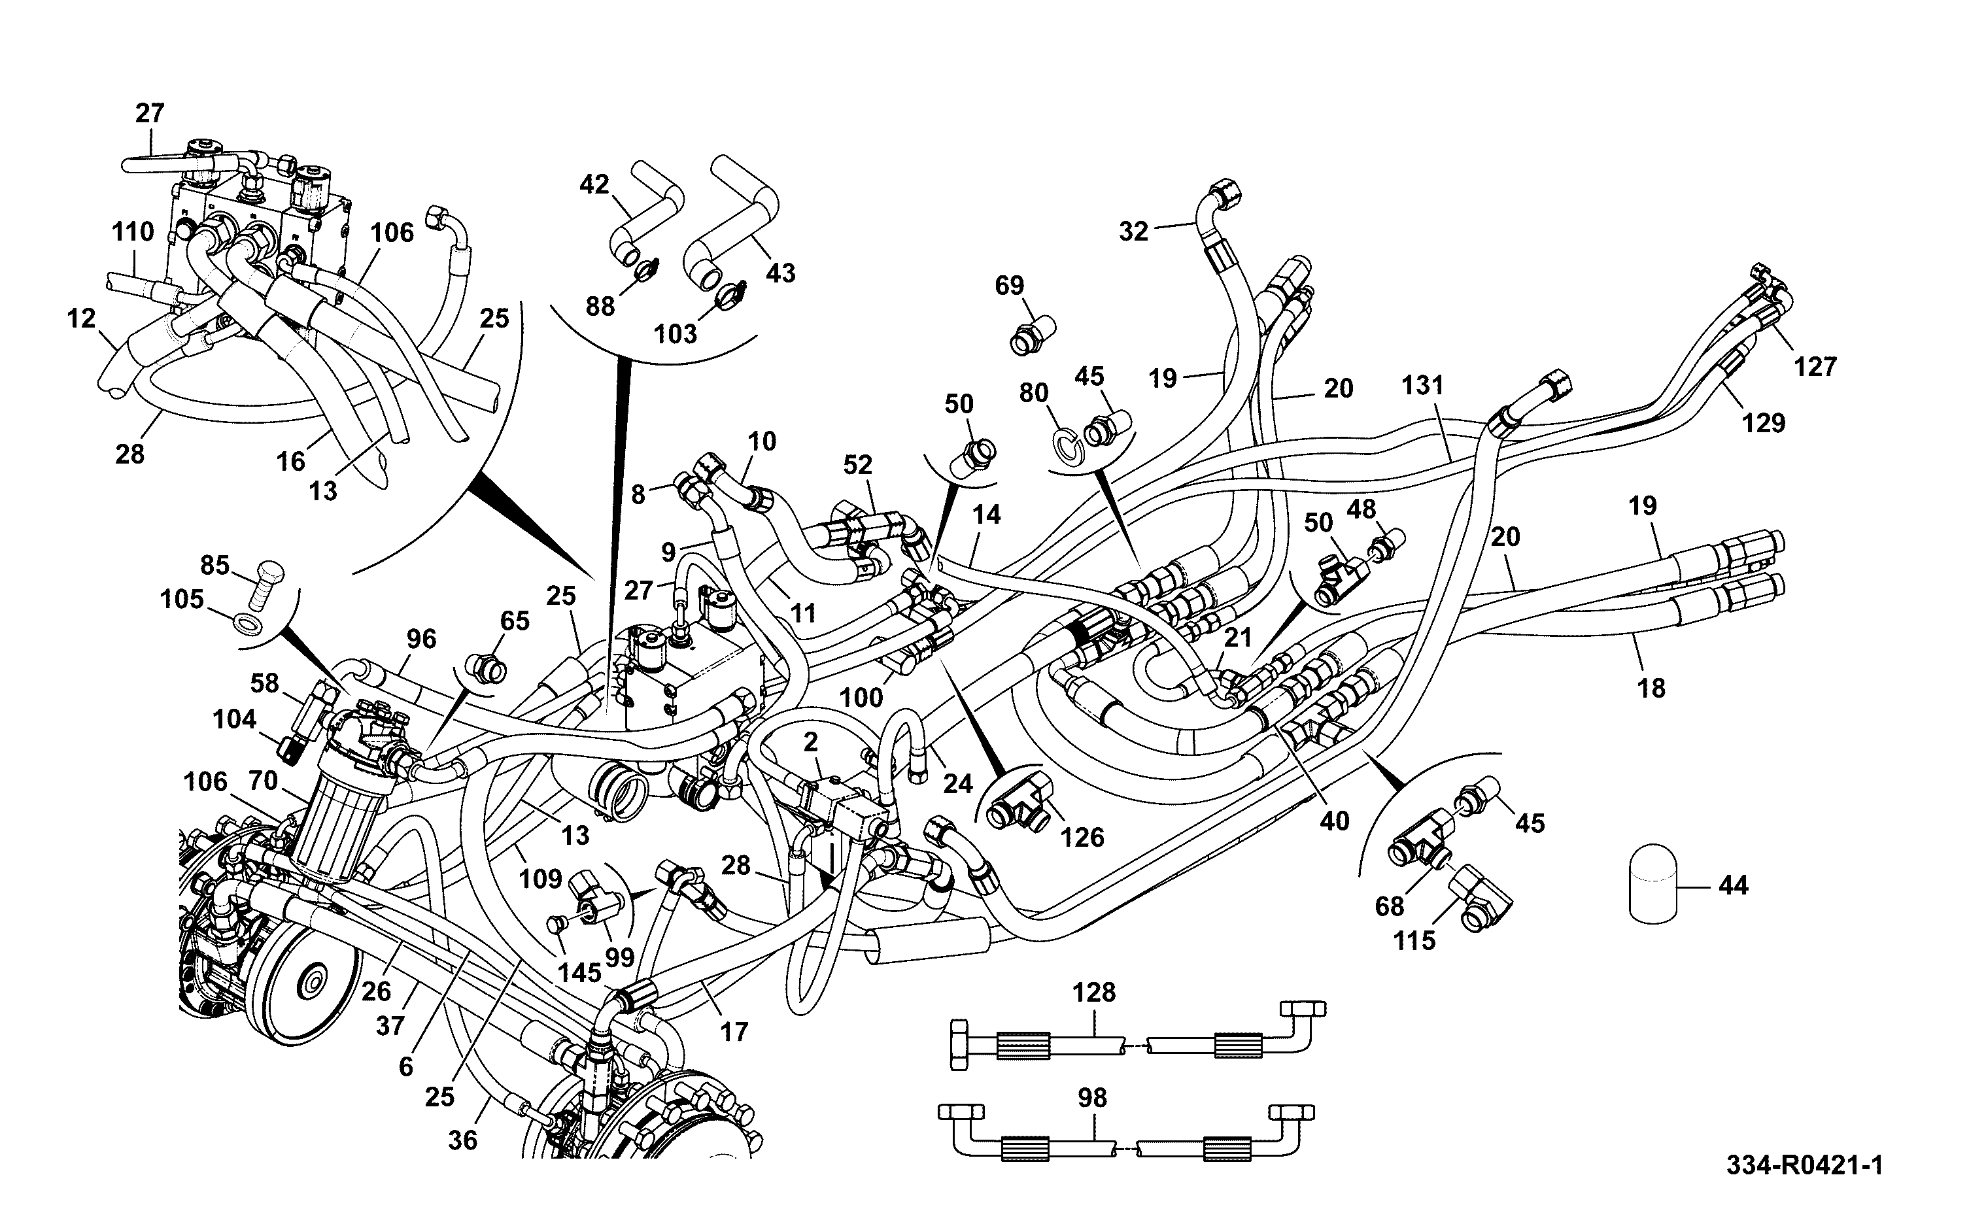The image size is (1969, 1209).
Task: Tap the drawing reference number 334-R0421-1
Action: [x=1804, y=1165]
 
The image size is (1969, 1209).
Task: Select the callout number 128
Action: [x=1093, y=993]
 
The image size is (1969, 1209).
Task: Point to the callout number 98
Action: [x=1092, y=1098]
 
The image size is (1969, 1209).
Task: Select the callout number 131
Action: [x=1422, y=385]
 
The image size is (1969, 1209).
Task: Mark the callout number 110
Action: [x=133, y=232]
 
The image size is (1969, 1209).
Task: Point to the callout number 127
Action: [x=1815, y=367]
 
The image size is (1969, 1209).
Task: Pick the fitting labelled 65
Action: [x=485, y=668]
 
